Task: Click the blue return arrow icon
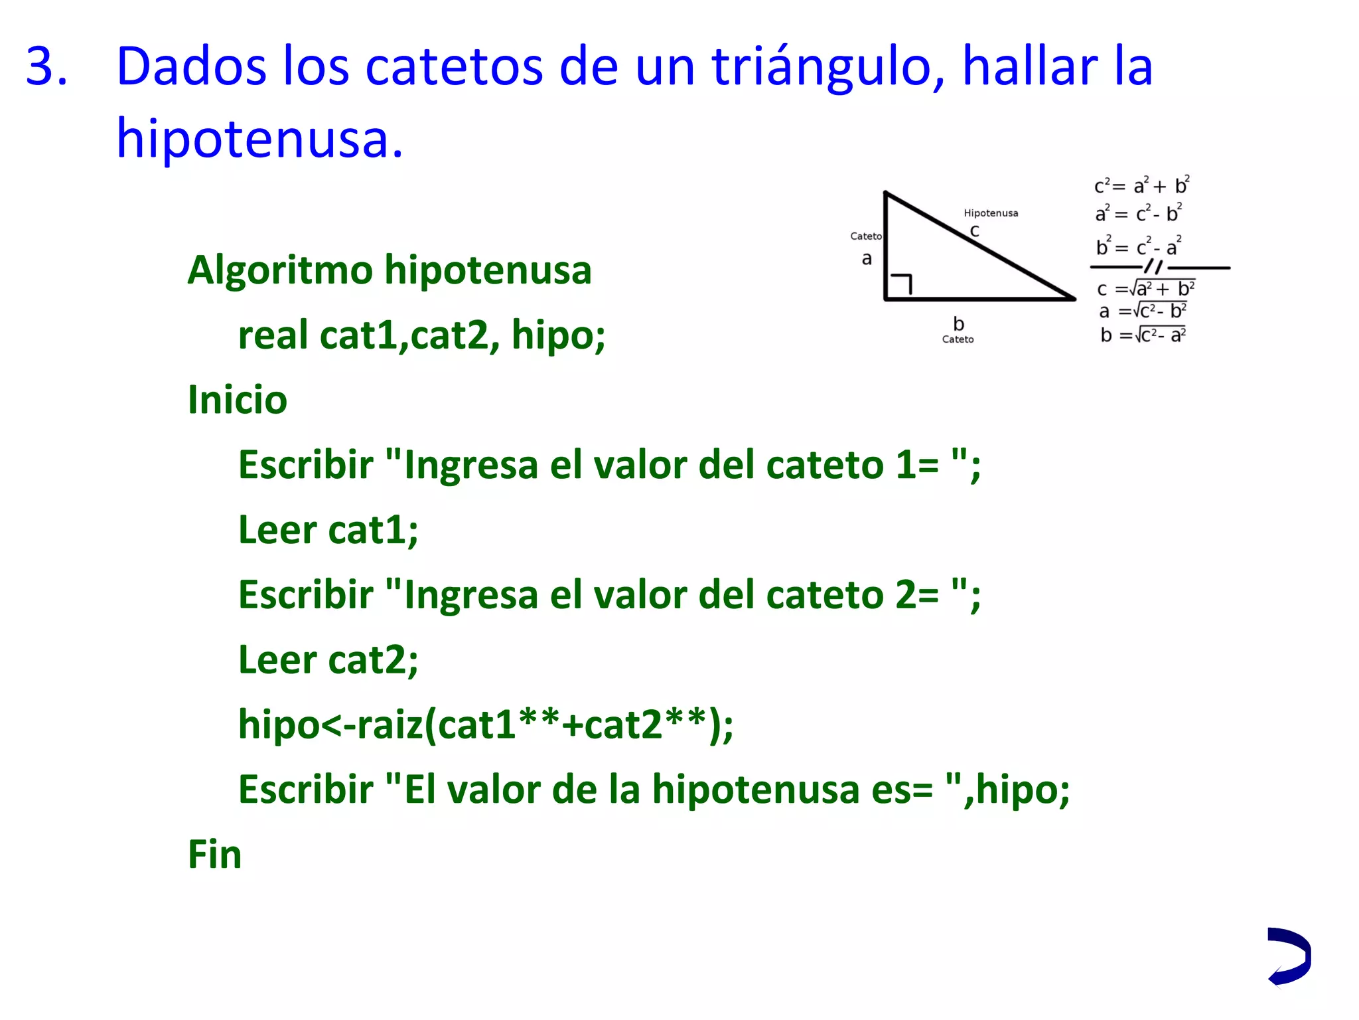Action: (x=1289, y=956)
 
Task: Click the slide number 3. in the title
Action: (x=46, y=67)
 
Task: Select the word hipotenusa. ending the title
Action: (x=259, y=139)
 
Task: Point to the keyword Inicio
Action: (x=237, y=400)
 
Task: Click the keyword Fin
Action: (x=214, y=854)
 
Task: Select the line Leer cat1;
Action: (x=328, y=530)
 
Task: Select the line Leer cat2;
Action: (x=328, y=659)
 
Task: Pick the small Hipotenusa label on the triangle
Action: (x=990, y=213)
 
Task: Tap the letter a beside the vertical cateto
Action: (x=867, y=259)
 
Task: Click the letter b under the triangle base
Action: (x=958, y=323)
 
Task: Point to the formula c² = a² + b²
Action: (x=1141, y=186)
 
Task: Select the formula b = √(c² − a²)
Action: (x=1143, y=335)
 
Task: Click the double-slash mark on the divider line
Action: (x=1154, y=267)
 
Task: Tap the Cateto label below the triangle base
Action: (x=958, y=339)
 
